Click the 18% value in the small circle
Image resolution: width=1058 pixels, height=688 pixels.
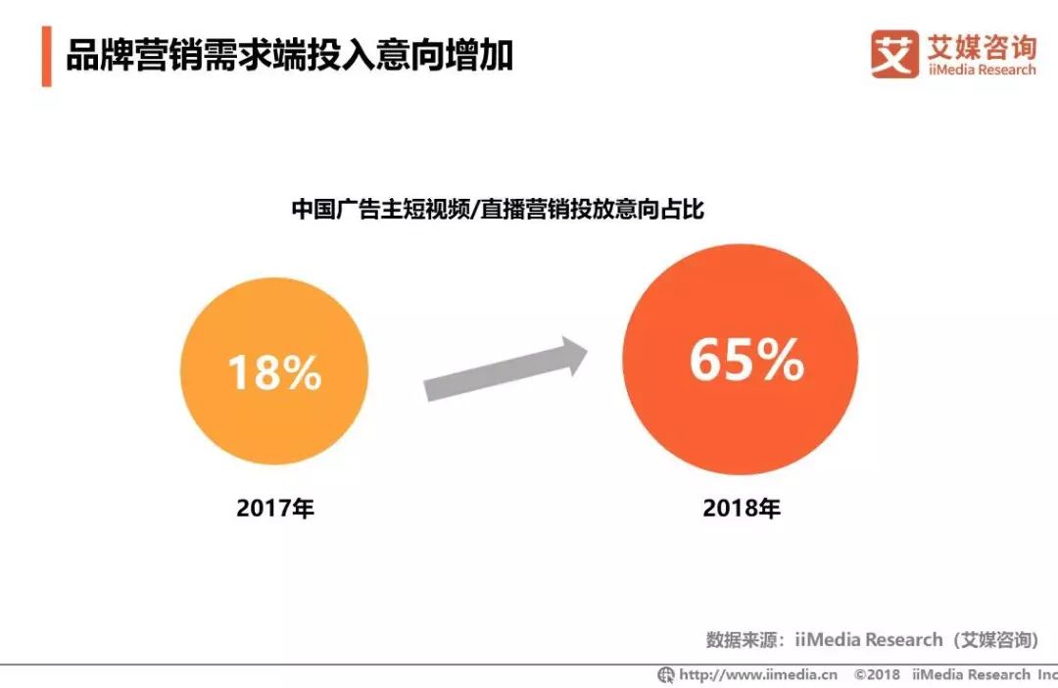274,373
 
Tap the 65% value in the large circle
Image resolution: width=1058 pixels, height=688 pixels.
746,360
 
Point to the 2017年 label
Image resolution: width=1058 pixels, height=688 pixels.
275,510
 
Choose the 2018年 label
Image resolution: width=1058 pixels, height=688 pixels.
742,510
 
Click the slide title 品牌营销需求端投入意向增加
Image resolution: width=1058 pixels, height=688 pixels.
290,56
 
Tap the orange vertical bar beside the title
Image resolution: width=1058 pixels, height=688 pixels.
46,57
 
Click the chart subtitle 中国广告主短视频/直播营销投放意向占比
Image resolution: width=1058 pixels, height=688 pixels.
498,209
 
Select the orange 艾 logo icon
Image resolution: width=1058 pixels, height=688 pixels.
894,54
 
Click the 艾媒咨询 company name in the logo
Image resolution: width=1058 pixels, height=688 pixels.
980,45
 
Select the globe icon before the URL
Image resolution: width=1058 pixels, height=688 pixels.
666,674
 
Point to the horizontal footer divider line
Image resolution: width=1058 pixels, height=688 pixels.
529,664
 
